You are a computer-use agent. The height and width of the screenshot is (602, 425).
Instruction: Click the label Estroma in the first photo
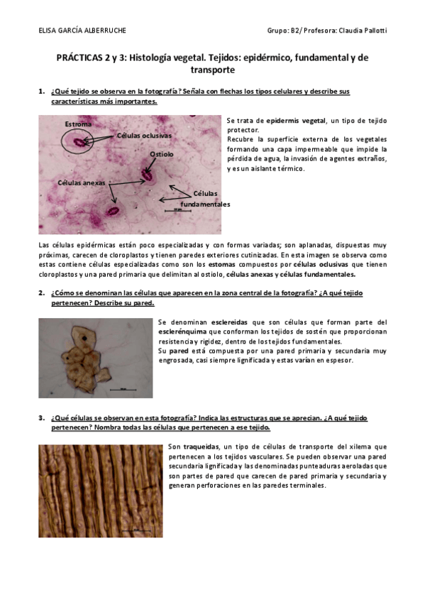pos(78,124)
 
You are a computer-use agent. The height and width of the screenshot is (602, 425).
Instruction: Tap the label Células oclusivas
pos(144,135)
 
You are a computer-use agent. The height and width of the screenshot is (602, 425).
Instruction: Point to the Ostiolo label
pos(161,154)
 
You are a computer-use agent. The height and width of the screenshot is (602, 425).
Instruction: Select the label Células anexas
pos(82,182)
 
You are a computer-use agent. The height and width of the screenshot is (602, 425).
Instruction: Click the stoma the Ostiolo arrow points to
pos(148,173)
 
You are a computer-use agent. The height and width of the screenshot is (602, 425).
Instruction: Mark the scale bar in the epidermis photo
pos(177,210)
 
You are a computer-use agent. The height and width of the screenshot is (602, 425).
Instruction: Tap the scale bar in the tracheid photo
pos(135,529)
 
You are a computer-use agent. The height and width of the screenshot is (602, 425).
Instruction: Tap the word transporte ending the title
pos(212,70)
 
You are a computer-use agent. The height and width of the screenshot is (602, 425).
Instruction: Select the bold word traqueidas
pos(201,447)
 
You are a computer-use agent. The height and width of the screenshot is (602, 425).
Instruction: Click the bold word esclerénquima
pos(184,332)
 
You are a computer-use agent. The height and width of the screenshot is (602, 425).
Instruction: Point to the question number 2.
pos(41,292)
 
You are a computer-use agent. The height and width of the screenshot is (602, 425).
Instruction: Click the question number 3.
pos(41,418)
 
